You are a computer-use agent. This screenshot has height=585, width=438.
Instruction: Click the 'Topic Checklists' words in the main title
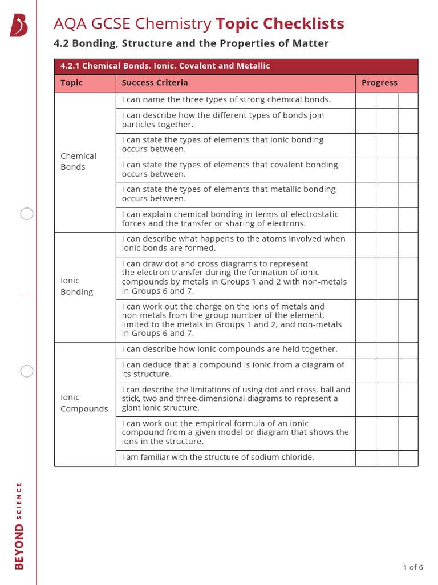tap(279, 23)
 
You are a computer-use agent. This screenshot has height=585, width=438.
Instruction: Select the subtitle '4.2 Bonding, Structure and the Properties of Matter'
tap(191, 43)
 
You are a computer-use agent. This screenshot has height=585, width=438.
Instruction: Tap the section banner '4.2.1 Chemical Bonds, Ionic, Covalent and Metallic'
tap(165, 66)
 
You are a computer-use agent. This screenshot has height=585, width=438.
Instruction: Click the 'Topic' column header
tap(72, 83)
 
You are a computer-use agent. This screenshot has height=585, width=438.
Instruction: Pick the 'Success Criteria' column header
tap(155, 83)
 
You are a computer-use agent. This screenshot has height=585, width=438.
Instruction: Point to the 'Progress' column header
tap(379, 83)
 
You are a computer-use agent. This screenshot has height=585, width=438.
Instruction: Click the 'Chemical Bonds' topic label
tap(78, 161)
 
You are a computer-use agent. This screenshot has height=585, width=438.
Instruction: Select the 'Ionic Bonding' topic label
tap(76, 286)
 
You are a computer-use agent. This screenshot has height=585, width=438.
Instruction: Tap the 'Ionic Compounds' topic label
tap(84, 403)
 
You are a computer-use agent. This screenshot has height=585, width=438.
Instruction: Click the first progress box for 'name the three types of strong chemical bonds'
tap(366, 100)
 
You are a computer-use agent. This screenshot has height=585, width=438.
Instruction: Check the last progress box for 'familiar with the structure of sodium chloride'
tap(408, 458)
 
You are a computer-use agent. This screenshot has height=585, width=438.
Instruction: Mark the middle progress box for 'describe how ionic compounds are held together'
tap(387, 350)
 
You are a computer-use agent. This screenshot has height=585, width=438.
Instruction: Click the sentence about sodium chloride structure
tap(218, 457)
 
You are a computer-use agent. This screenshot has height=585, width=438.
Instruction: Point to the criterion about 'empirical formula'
tap(235, 432)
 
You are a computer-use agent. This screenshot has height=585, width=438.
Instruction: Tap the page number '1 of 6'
tap(412, 567)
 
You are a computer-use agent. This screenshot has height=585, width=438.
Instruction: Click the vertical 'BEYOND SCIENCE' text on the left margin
tap(19, 526)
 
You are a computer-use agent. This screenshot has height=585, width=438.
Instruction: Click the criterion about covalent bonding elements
tap(230, 169)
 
